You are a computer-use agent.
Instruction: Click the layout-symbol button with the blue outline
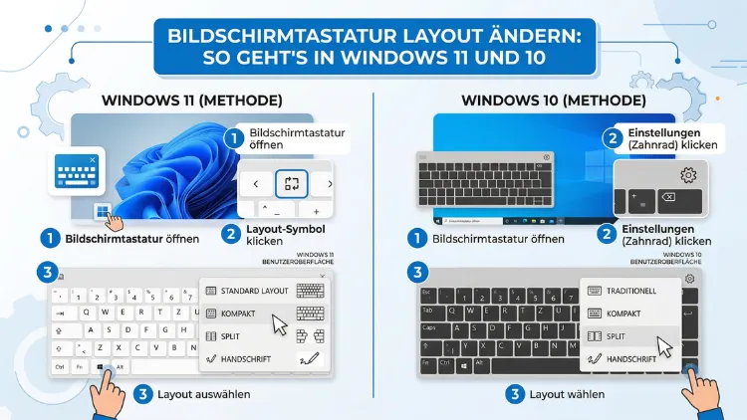(x=291, y=184)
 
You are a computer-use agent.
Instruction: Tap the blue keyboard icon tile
(x=78, y=170)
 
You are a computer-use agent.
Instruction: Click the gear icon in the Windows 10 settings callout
(x=687, y=175)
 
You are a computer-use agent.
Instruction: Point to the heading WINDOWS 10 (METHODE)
(x=554, y=101)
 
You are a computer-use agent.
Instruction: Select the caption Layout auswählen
(x=203, y=394)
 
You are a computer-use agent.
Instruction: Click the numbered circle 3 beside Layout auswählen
(x=144, y=394)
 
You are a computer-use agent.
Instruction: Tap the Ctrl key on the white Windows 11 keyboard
(x=61, y=366)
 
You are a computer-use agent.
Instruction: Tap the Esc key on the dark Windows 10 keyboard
(x=426, y=293)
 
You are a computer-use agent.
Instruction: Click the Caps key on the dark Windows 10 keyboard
(x=429, y=327)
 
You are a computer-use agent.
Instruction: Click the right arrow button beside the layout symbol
(x=329, y=184)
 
